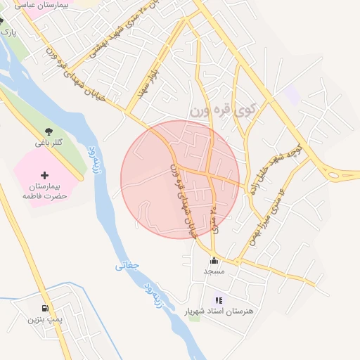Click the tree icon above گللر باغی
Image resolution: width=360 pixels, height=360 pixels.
pos(49,131)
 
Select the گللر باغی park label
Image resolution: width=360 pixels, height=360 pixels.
pos(49,143)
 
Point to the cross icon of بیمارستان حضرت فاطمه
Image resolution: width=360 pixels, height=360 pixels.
pos(45,174)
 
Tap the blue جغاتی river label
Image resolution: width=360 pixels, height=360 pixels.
pos(127,266)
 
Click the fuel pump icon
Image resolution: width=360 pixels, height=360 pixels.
pos(45,308)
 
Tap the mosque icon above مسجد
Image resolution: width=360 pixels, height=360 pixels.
pos(213,260)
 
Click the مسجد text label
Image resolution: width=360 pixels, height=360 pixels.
pos(213,271)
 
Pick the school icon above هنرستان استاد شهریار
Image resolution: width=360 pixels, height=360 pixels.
pos(219,300)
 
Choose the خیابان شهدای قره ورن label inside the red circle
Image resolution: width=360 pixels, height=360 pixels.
pos(181,200)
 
